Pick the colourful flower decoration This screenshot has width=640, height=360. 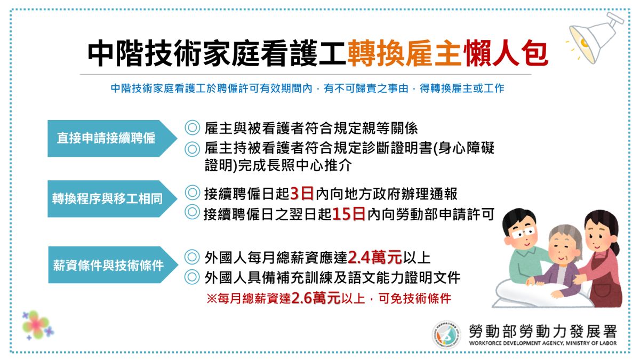tap(37, 324)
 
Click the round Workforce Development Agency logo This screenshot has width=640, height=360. tap(446, 335)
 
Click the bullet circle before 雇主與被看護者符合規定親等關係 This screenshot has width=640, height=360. tap(191, 128)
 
